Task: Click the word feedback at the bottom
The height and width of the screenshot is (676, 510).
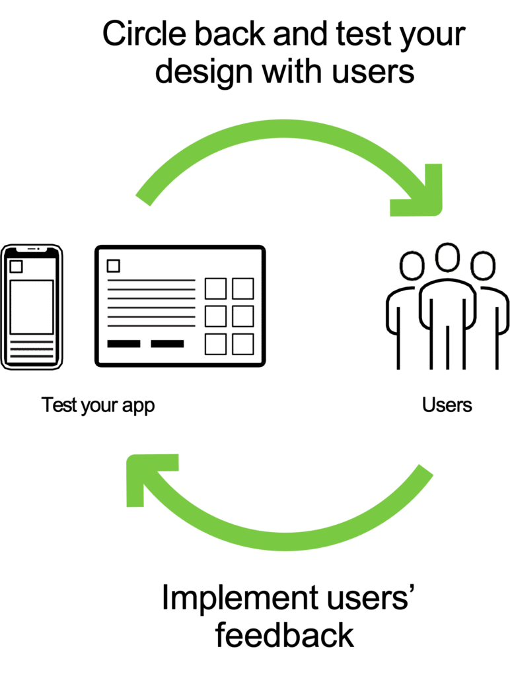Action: point(285,636)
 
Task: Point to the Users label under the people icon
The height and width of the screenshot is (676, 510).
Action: point(447,405)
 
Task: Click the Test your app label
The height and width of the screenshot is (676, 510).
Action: point(98,405)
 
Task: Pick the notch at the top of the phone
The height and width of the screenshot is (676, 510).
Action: point(31,250)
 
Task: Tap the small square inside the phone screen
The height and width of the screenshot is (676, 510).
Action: point(16,267)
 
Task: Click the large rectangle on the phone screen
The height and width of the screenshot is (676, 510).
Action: point(31,307)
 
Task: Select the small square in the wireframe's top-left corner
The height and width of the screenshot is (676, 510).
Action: point(114,266)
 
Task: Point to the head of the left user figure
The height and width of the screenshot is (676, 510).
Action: point(412,265)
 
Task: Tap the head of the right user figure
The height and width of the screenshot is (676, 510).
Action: point(482,265)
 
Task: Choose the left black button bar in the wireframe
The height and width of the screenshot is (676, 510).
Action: point(124,343)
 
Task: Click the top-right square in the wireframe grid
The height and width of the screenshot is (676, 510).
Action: point(242,288)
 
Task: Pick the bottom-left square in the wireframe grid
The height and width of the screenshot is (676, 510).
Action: point(215,344)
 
